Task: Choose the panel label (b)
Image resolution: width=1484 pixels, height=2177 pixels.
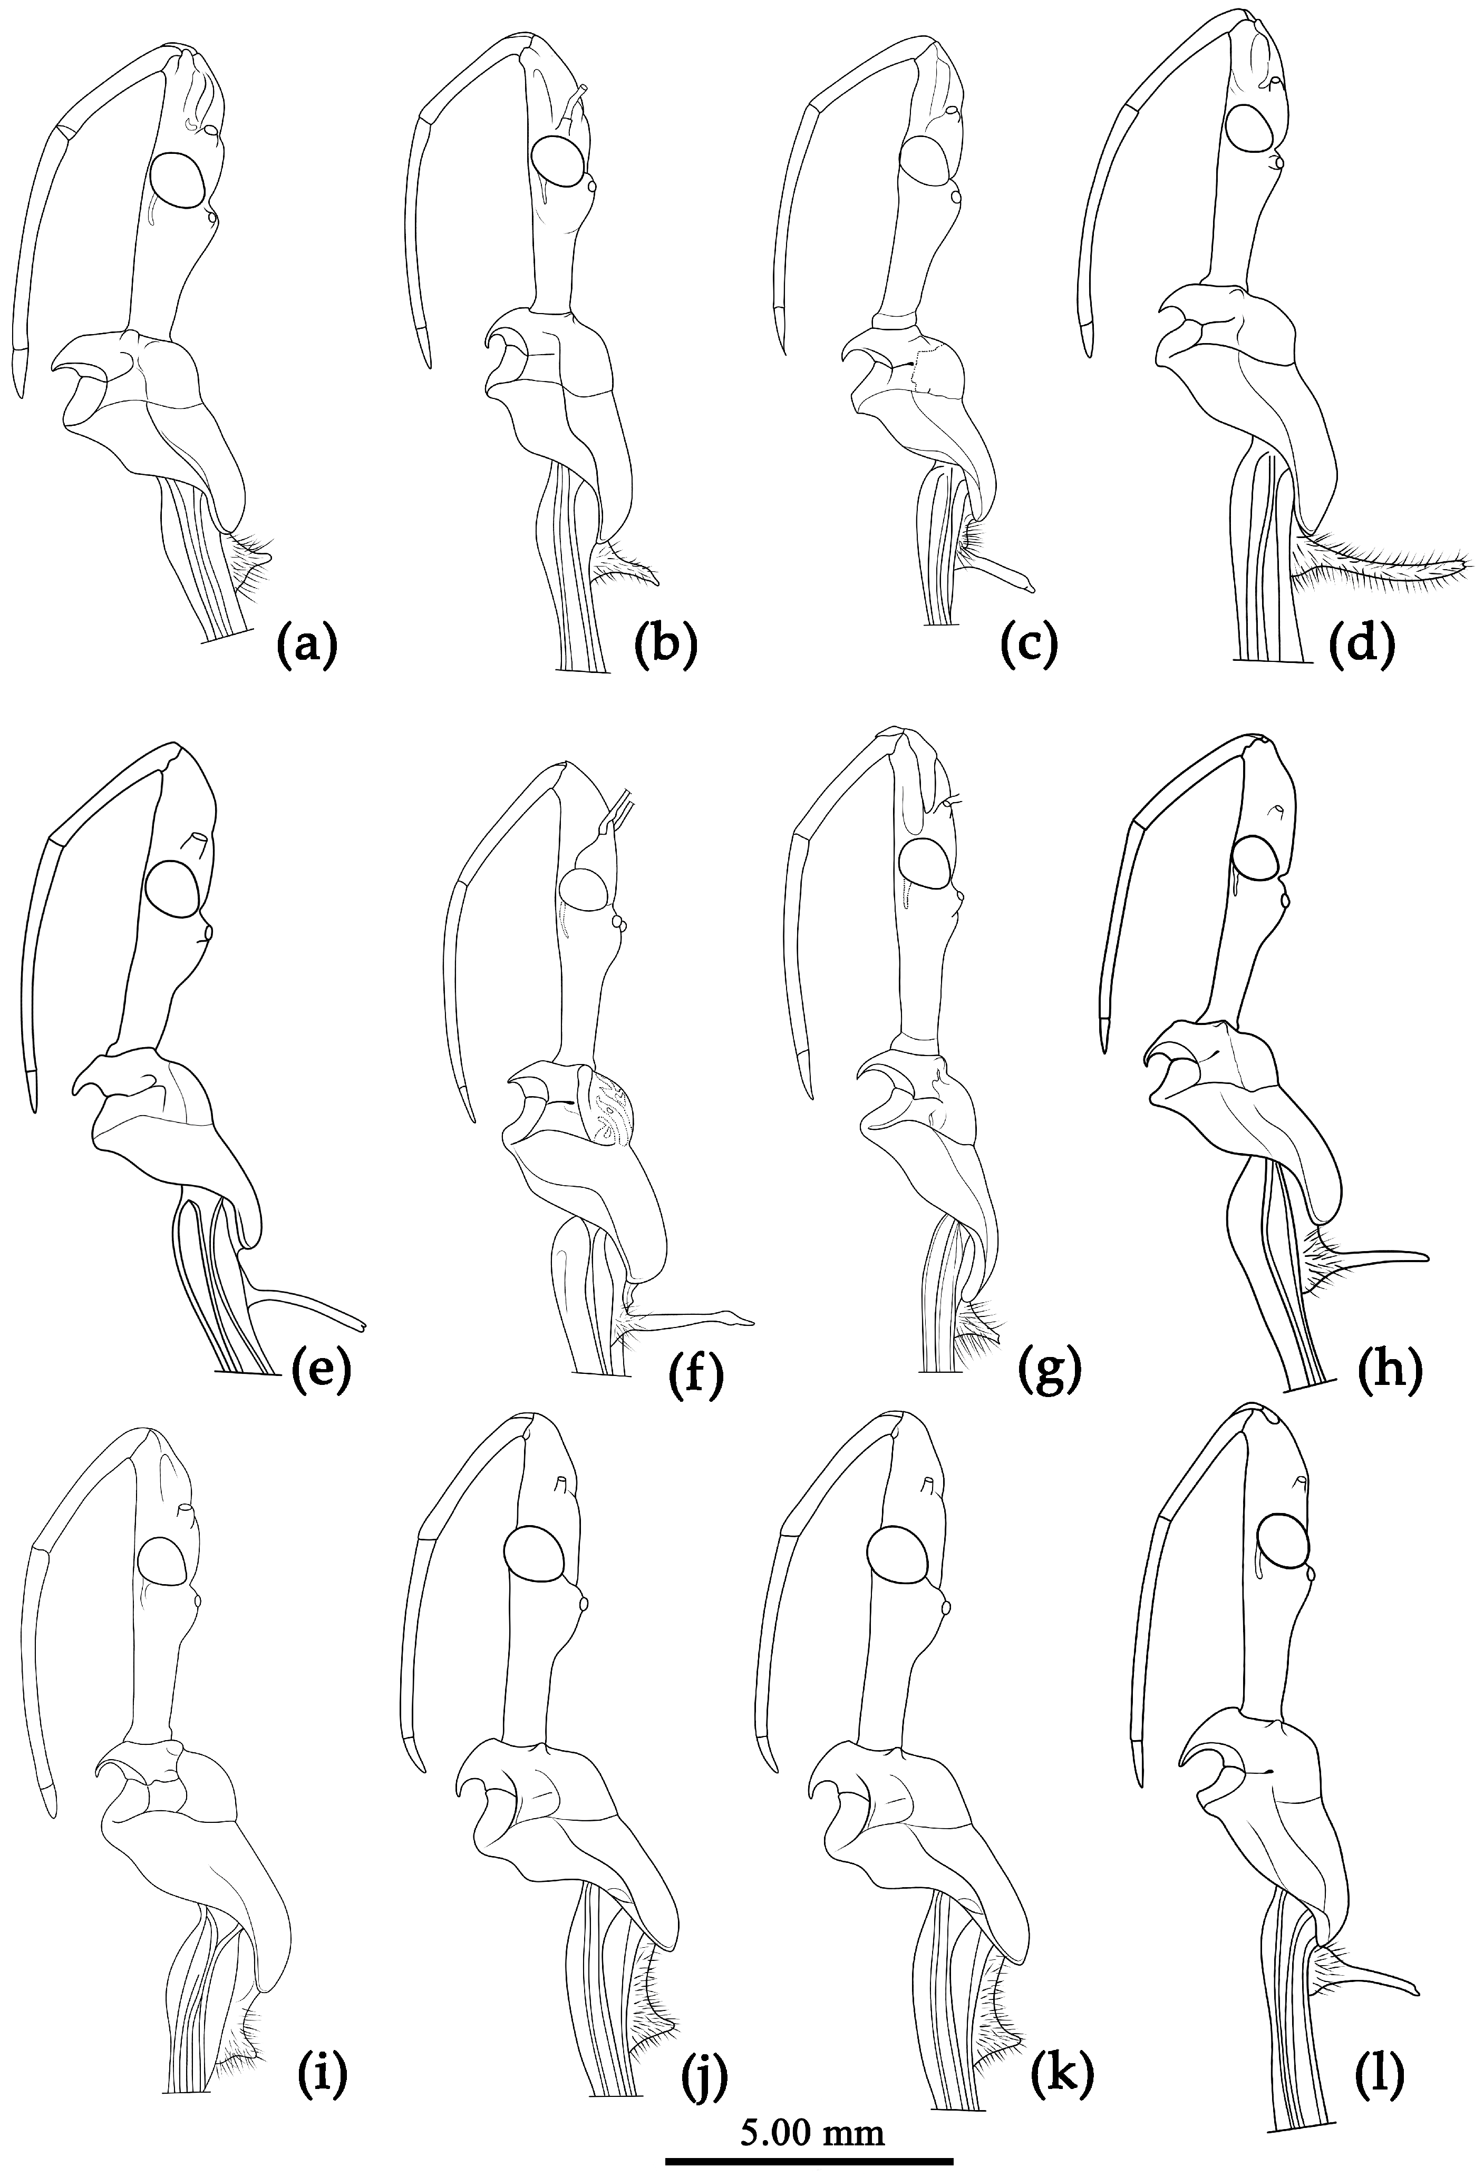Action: point(666,647)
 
